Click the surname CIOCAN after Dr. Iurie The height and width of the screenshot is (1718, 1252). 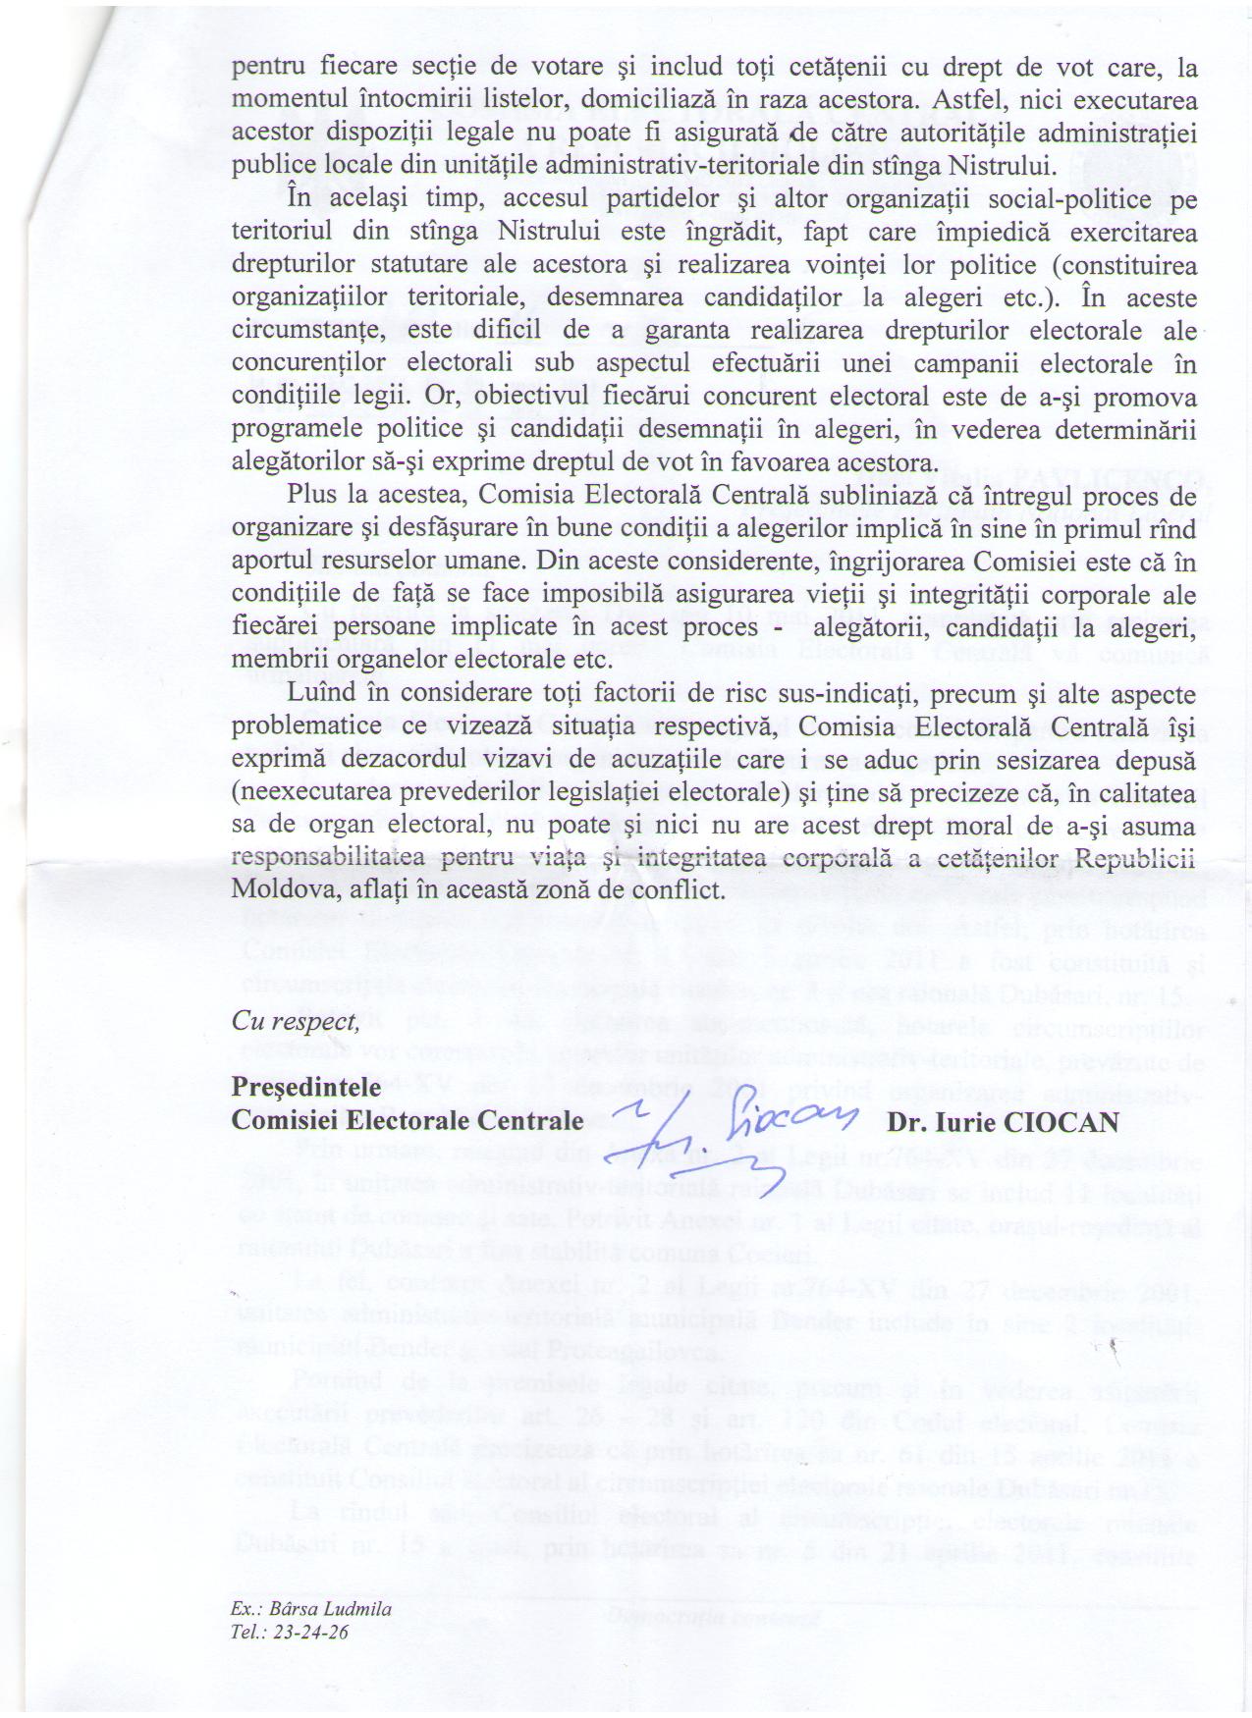(1063, 1121)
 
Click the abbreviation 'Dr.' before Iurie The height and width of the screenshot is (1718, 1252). (904, 1121)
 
